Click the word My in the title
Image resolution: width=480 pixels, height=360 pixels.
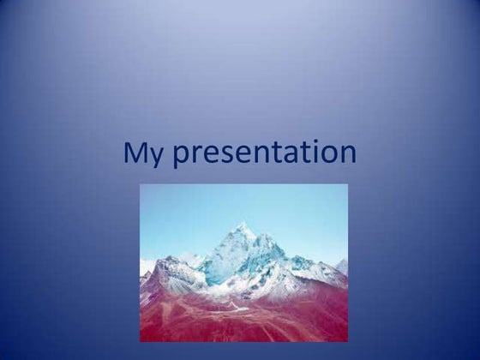click(x=143, y=153)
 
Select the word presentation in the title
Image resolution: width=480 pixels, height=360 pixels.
click(x=264, y=154)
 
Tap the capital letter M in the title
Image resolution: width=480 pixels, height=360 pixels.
click(x=135, y=153)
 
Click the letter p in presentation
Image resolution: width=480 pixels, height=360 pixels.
click(x=181, y=157)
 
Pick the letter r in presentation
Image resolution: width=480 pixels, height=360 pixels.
click(x=196, y=155)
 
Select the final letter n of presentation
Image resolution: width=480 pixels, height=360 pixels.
click(x=347, y=155)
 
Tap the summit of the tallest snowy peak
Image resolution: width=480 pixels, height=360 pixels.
click(x=243, y=225)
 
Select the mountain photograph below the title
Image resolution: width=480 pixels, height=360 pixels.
click(x=244, y=262)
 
